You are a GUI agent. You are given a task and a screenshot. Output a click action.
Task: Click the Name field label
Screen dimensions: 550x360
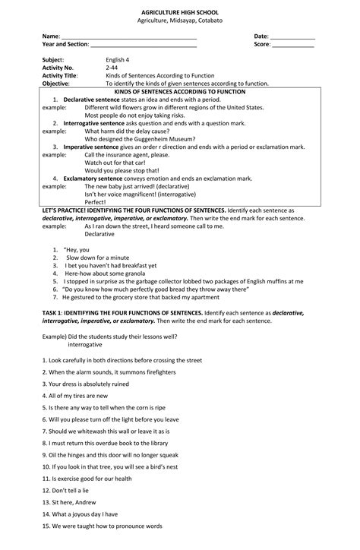(50, 36)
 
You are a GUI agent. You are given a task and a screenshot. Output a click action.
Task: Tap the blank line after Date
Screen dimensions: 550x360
(293, 37)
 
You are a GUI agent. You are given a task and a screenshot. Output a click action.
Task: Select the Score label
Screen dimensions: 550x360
(263, 46)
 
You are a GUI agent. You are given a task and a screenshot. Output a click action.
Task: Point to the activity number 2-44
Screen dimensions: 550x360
(112, 68)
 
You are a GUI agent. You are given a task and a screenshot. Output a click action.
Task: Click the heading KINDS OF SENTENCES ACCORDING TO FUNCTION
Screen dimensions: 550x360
(179, 91)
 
